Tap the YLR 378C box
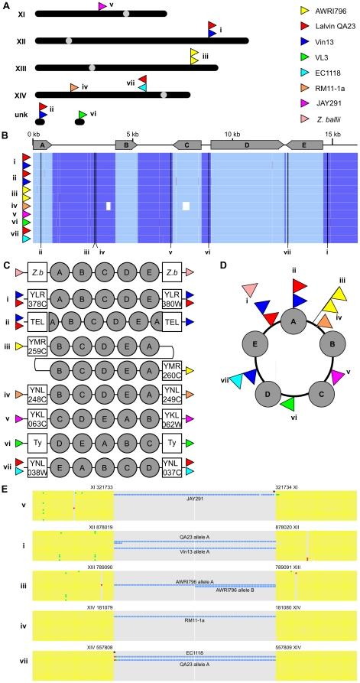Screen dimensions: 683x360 [x=37, y=297]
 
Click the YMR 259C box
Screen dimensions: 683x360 [x=37, y=346]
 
